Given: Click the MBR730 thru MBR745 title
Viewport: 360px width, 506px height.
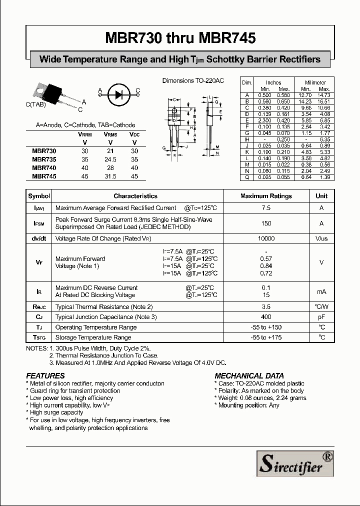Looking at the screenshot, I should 180,38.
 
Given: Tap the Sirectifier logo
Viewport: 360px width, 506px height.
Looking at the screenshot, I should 295,463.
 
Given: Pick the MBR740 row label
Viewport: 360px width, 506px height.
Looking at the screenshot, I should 44,168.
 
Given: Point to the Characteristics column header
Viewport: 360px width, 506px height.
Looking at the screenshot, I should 135,196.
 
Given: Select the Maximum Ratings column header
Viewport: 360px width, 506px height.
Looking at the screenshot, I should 266,196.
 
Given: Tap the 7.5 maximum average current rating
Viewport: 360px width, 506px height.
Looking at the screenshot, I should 266,208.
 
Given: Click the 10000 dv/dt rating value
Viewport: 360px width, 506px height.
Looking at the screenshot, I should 266,239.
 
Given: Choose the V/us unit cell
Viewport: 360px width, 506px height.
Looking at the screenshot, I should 321,239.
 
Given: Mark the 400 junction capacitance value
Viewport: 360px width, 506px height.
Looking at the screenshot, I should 266,317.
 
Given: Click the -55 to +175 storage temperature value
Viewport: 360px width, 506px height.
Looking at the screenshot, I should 266,337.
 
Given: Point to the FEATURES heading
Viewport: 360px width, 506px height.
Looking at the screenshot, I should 45,375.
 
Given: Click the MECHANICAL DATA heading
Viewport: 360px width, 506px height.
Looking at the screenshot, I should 249,375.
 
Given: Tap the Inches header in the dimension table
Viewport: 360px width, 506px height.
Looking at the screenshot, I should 273,82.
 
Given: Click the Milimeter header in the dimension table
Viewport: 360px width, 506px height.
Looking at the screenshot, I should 315,82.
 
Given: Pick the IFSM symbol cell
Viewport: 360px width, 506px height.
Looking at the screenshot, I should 39,223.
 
